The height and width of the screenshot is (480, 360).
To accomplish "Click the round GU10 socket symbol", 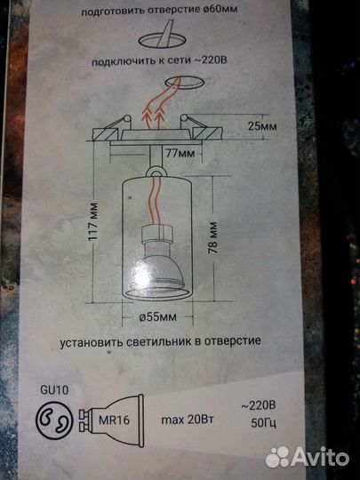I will coord(56,419).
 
